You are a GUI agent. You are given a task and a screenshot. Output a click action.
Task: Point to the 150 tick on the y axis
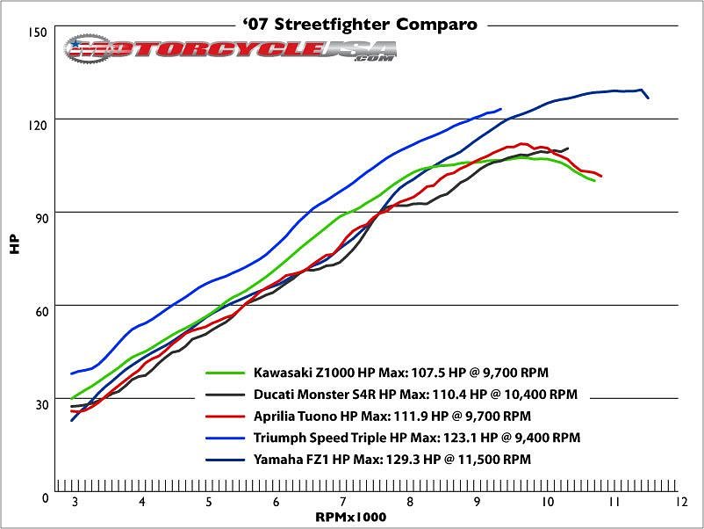[37, 32]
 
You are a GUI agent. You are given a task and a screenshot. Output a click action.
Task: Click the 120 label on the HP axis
[37, 126]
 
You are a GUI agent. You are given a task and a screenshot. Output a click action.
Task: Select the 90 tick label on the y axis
[37, 219]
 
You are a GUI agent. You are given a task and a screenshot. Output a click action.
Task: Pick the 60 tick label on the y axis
[37, 312]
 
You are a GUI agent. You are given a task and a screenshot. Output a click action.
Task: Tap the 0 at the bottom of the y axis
[43, 498]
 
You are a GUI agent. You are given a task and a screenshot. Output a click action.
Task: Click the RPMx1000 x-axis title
[351, 518]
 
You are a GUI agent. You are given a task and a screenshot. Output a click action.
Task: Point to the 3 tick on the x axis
[75, 503]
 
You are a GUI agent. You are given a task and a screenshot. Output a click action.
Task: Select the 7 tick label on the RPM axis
[343, 503]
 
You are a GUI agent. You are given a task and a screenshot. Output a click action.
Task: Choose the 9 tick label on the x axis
[478, 503]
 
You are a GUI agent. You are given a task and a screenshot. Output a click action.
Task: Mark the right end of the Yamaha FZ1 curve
[648, 98]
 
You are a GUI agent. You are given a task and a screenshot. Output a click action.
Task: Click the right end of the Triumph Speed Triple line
[500, 109]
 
